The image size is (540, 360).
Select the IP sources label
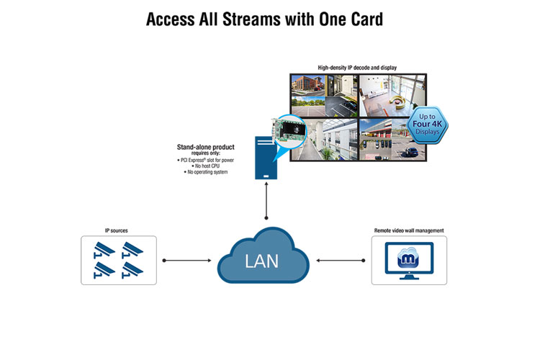(118, 231)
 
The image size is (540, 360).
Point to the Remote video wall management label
(408, 231)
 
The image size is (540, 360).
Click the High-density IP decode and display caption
(357, 68)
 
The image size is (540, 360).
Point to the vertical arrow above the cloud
(267, 206)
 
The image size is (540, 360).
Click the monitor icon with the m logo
(408, 260)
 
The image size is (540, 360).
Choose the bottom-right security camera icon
(133, 269)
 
